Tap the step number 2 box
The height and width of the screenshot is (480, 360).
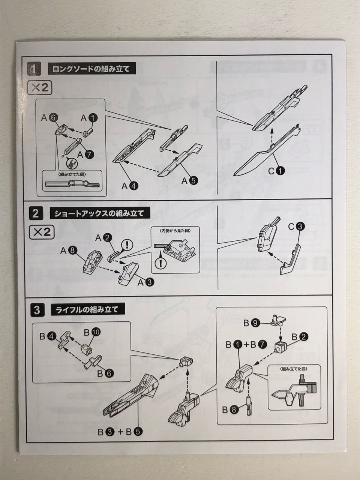pyautogui.click(x=35, y=214)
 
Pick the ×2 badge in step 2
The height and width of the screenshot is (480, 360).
pyautogui.click(x=42, y=231)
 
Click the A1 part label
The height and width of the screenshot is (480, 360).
pyautogui.click(x=89, y=118)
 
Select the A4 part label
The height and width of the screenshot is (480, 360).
pyautogui.click(x=131, y=185)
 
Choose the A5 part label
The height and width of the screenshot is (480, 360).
pyautogui.click(x=190, y=180)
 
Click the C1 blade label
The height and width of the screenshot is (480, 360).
pyautogui.click(x=276, y=171)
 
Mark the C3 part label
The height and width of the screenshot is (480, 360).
pyautogui.click(x=296, y=226)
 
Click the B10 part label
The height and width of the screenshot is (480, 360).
pyautogui.click(x=92, y=332)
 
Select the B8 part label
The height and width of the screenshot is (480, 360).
pyautogui.click(x=230, y=410)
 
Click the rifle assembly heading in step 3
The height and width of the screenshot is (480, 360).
pyautogui.click(x=87, y=310)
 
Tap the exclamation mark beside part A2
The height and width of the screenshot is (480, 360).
pyautogui.click(x=128, y=245)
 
